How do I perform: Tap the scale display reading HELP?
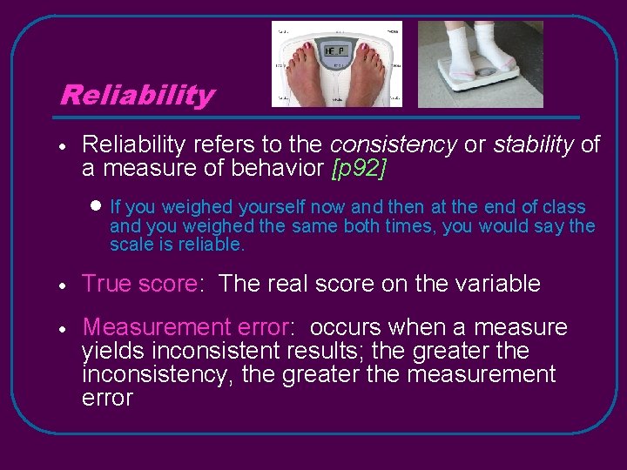[335, 52]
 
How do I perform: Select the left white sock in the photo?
[456, 44]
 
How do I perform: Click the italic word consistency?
[393, 144]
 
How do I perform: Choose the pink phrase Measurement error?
[185, 328]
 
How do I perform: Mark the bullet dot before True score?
[64, 285]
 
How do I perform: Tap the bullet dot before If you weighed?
[96, 206]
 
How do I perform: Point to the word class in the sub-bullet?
[564, 207]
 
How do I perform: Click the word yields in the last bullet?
[114, 352]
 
